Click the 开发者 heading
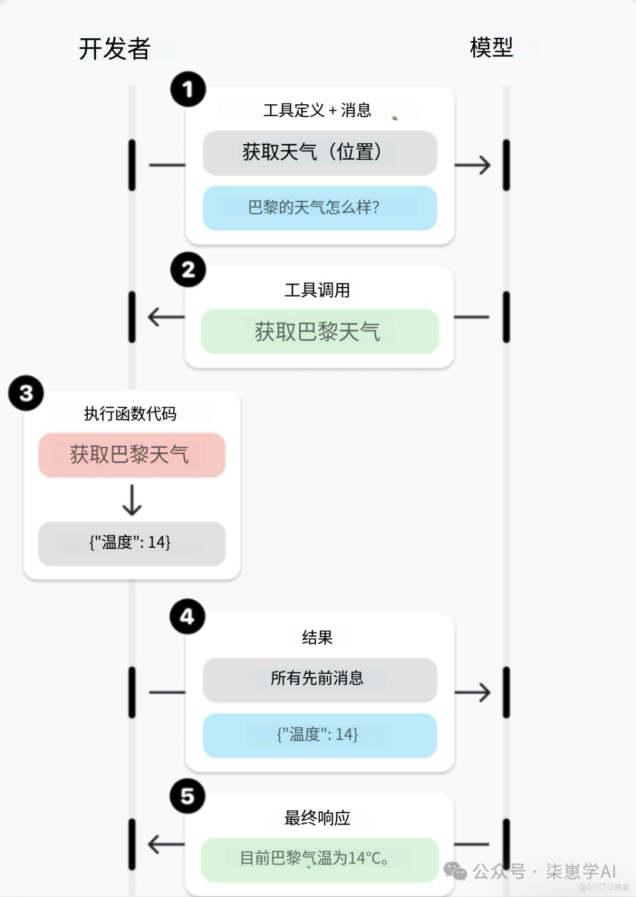115,48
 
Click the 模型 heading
491,47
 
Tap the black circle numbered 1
188,90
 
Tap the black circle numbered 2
188,270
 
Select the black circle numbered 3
26,393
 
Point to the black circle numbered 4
187,617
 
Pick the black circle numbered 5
187,796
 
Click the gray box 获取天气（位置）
320,153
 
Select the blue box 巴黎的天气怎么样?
320,207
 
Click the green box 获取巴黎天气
320,332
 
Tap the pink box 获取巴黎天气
132,455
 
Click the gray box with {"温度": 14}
132,542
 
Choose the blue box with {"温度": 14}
320,734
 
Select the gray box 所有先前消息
320,678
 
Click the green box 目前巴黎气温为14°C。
320,859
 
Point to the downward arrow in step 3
132,501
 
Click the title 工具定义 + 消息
317,110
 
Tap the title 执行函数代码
130,413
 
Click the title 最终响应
317,817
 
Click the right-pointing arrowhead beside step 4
484,693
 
